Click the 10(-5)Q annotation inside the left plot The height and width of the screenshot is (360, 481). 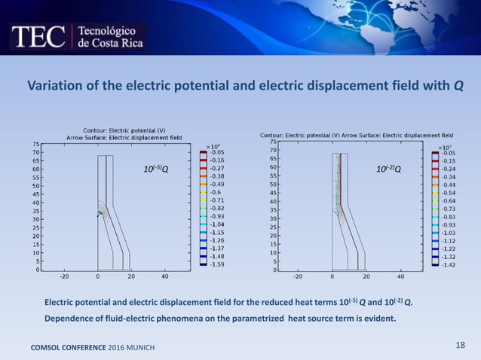pos(155,169)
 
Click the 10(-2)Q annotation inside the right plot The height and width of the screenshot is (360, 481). pos(388,169)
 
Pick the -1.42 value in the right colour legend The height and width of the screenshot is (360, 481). pos(448,264)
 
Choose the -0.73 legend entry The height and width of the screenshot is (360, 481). pos(448,209)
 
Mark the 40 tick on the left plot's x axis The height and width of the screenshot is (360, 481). pos(164,276)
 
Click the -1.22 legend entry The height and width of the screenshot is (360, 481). pos(448,249)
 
